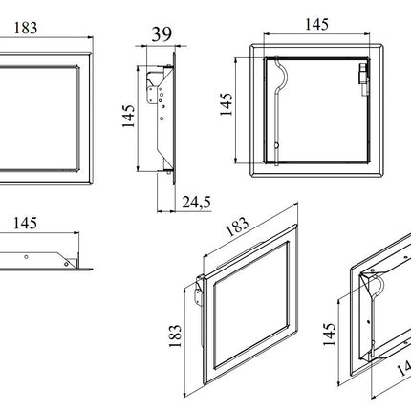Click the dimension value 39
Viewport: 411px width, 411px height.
(x=162, y=34)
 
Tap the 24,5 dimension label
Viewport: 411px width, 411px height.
(x=196, y=202)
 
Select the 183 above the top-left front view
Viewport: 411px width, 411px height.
(x=26, y=28)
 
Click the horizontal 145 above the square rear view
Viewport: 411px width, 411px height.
(x=316, y=25)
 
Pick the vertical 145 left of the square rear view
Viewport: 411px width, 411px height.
(x=227, y=104)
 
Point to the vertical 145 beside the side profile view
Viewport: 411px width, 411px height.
(x=128, y=116)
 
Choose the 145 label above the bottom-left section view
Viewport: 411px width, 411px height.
(x=25, y=224)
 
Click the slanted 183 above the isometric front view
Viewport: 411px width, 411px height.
(x=237, y=227)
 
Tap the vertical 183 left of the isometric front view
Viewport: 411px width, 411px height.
(x=176, y=335)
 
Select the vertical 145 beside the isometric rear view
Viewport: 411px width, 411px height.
(x=330, y=335)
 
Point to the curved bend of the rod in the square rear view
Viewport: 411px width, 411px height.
(x=282, y=74)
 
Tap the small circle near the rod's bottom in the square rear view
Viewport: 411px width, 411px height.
(x=276, y=145)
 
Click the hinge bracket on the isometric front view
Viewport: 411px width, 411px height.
(x=200, y=291)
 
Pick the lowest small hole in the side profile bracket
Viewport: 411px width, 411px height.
(x=162, y=119)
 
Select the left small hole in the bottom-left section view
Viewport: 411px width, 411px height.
(x=26, y=257)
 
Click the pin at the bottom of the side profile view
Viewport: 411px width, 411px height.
(x=168, y=172)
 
